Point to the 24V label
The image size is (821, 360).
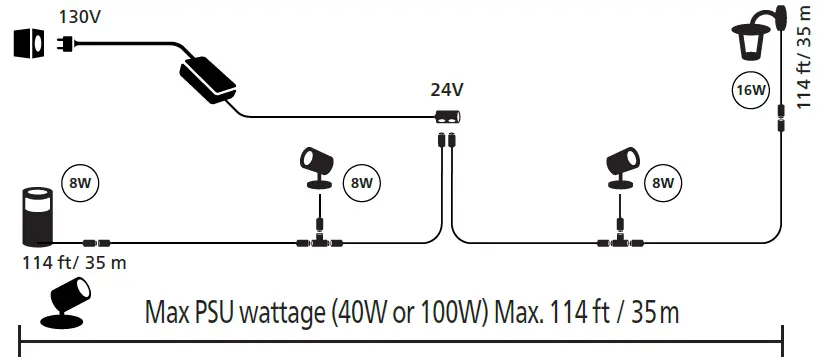[x=446, y=89]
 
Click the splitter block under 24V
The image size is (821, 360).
[x=446, y=116]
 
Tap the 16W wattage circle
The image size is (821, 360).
[x=749, y=90]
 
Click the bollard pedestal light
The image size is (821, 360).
[x=39, y=214]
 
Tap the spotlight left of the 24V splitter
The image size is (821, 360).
[x=319, y=170]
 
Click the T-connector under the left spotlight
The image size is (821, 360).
[x=318, y=240]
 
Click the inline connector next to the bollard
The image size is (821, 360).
[x=98, y=241]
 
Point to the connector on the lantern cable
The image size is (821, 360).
[x=781, y=123]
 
